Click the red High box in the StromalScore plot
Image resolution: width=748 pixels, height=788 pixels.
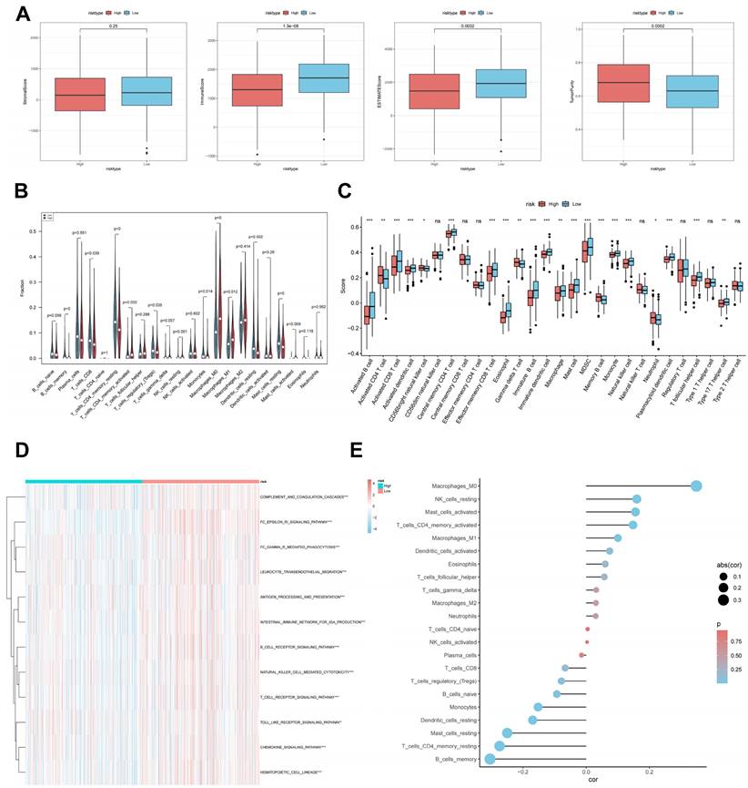pyautogui.click(x=79, y=94)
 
